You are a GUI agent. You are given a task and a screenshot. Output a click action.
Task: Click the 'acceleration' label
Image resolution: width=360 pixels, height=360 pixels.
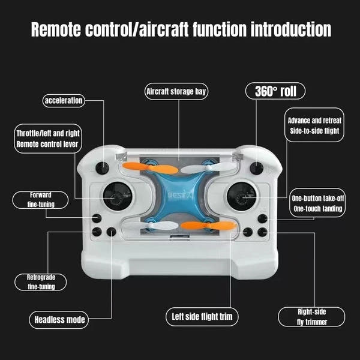pyautogui.click(x=64, y=100)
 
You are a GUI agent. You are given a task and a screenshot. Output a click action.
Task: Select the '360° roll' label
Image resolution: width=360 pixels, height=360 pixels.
pyautogui.click(x=275, y=91)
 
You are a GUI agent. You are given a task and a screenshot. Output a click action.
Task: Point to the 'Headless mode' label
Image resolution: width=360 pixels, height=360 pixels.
pyautogui.click(x=59, y=319)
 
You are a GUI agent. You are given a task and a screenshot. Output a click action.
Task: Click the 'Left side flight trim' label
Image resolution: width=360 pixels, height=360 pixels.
pyautogui.click(x=202, y=316)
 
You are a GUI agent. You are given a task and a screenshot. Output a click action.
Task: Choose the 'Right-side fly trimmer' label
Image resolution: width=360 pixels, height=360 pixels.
pyautogui.click(x=312, y=316)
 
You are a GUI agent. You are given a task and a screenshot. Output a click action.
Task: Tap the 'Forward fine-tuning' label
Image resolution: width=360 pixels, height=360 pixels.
pyautogui.click(x=41, y=199)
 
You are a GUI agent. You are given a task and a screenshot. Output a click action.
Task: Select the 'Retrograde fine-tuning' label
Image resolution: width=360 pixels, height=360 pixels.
pyautogui.click(x=41, y=282)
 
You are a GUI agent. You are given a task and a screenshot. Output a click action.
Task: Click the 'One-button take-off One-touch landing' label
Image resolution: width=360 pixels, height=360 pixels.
pyautogui.click(x=317, y=203)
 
